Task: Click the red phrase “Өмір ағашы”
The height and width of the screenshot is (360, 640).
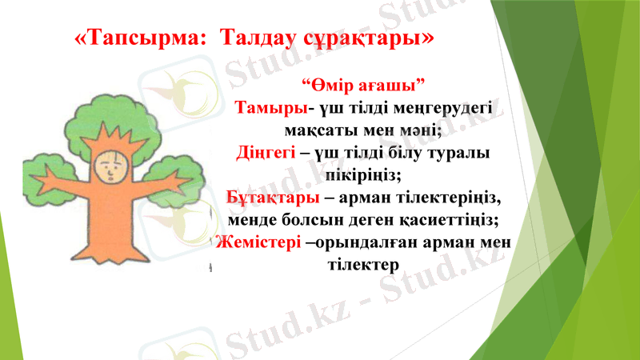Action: point(362,85)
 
